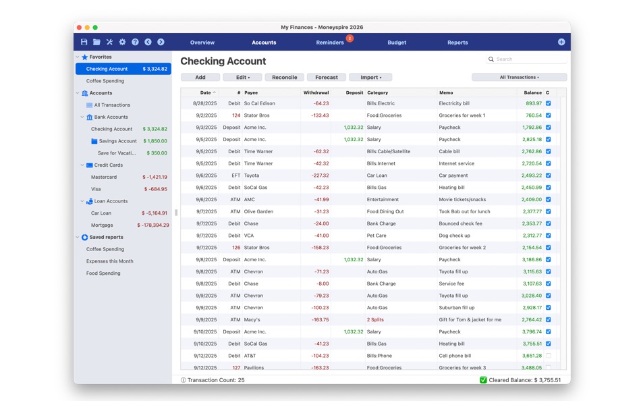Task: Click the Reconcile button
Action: click(x=284, y=78)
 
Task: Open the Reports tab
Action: click(x=457, y=43)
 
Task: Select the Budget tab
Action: click(x=397, y=43)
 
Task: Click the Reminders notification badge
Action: click(x=350, y=38)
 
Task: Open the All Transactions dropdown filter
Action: click(x=519, y=78)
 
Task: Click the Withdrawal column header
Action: click(x=316, y=92)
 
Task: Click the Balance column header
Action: click(x=533, y=92)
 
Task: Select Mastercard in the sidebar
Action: click(x=104, y=177)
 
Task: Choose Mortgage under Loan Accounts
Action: click(x=102, y=225)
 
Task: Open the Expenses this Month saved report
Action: click(x=110, y=261)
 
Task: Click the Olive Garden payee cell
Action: click(x=258, y=211)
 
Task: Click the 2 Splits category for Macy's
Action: click(x=375, y=319)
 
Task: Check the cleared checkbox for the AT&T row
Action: click(x=548, y=356)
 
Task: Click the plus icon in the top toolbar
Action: click(x=561, y=42)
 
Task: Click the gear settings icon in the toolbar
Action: click(x=122, y=42)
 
